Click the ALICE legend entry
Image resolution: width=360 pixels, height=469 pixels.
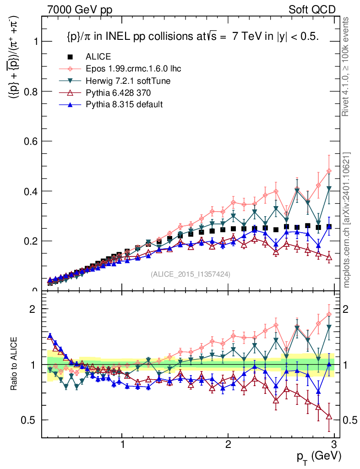pyautogui.click(x=98, y=57)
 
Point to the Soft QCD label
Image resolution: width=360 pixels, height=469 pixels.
pyautogui.click(x=312, y=10)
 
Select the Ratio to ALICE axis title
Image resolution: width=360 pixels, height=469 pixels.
pyautogui.click(x=15, y=365)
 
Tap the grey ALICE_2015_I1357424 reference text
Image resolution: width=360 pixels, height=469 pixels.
pyautogui.click(x=191, y=274)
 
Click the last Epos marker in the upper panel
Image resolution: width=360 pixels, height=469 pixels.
pyautogui.click(x=329, y=171)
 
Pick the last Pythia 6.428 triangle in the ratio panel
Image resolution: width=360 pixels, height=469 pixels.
pyautogui.click(x=329, y=416)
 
